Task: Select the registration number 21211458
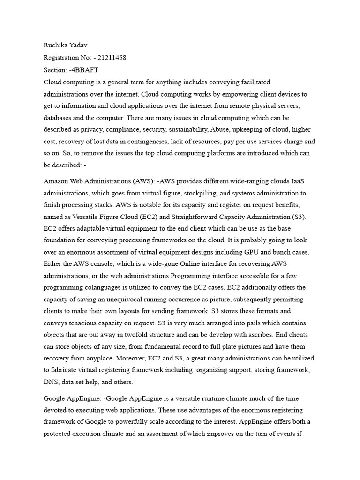point(112,58)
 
